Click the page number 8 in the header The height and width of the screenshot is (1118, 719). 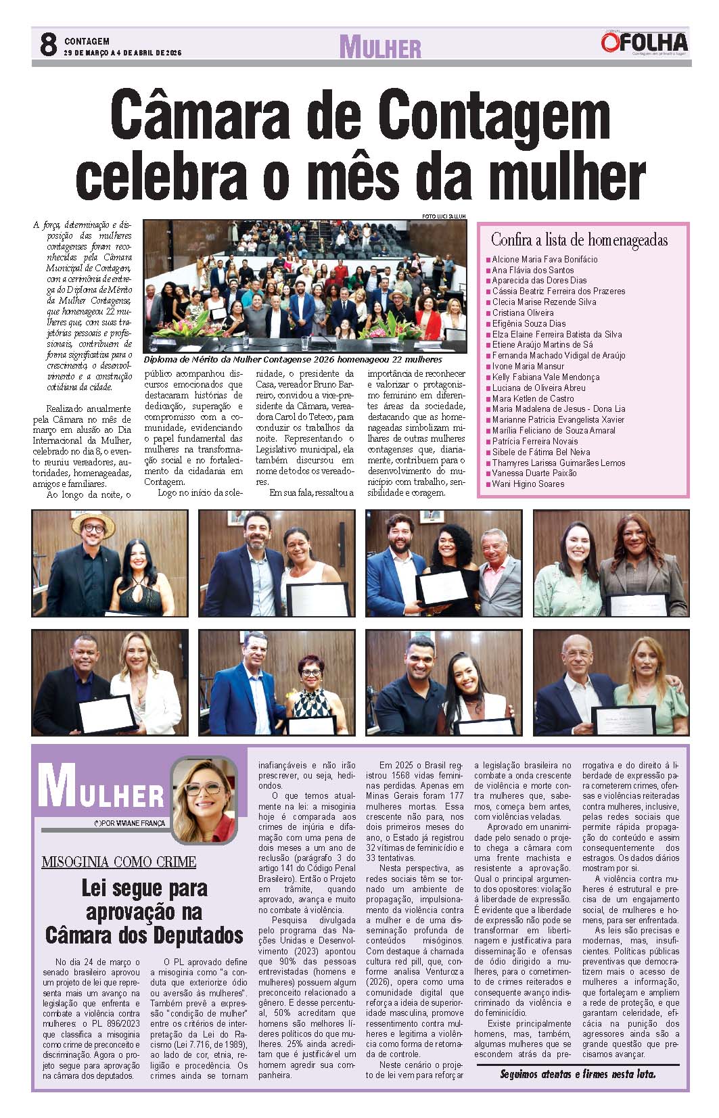[47, 45]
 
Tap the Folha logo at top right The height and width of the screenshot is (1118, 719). [644, 43]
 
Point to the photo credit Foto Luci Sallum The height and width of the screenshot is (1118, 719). [444, 216]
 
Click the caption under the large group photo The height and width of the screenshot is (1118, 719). [293, 360]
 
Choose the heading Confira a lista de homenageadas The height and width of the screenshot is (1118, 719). [579, 240]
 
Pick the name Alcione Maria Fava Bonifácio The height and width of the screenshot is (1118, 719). [544, 259]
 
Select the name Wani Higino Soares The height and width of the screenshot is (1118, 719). [528, 484]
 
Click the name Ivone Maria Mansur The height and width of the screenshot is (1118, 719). [528, 367]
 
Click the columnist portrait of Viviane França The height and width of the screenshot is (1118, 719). [204, 800]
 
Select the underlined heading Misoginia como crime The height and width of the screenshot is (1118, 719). [119, 862]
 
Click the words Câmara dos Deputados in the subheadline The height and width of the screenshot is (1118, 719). [144, 936]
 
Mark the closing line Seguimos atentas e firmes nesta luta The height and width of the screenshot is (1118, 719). [578, 1074]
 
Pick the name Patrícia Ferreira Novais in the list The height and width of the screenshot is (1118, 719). [535, 442]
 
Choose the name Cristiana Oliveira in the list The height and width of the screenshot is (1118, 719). [523, 313]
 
